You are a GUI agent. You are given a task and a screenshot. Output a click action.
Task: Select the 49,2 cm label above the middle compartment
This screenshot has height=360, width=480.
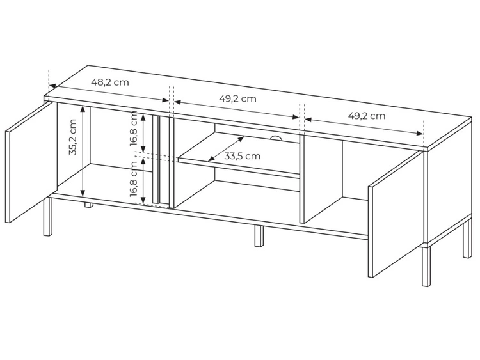[237, 98]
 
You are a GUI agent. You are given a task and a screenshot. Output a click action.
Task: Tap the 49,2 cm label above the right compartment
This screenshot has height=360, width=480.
[367, 116]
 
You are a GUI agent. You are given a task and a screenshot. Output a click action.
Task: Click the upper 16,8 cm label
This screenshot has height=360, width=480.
[134, 129]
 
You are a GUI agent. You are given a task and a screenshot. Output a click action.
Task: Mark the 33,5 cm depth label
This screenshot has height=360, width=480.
[243, 155]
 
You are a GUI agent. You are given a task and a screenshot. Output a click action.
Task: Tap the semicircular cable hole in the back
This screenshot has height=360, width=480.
[276, 137]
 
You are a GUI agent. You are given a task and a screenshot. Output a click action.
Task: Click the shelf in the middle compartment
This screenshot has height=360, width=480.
[237, 163]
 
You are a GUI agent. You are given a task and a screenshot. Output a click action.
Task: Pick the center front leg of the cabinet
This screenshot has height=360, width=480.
[258, 236]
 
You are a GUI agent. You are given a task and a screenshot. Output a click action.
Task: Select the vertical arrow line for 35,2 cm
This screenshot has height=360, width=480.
[83, 151]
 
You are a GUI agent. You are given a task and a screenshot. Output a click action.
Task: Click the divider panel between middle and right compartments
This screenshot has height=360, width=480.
[321, 182]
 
